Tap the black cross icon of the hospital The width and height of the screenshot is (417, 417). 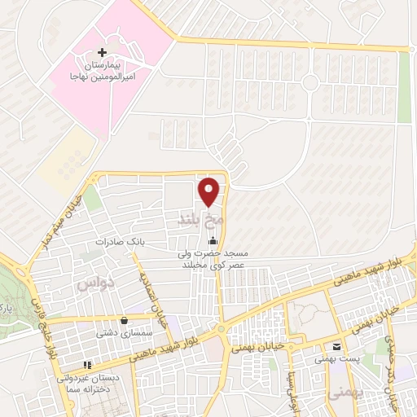pos(101,52)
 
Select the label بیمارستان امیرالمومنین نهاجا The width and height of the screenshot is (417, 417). pos(101,69)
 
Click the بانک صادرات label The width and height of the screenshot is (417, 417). pos(119,242)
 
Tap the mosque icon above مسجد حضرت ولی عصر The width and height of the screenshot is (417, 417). pos(213,240)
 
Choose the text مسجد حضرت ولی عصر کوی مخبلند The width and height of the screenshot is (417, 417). pos(213,260)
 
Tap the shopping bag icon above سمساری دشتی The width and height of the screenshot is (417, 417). pos(123,320)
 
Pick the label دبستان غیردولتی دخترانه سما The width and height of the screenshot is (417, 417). pos(87,384)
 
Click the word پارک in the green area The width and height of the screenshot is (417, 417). pos(7,310)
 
